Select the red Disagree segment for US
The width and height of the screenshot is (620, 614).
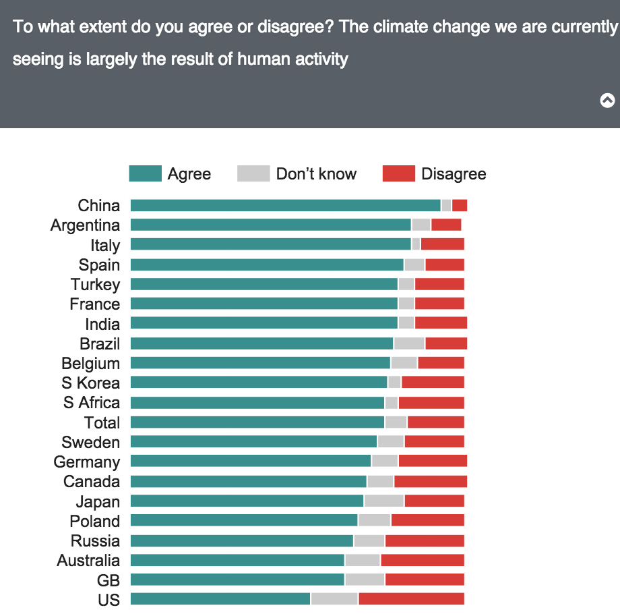(x=411, y=599)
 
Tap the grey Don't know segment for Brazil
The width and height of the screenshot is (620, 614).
(x=409, y=343)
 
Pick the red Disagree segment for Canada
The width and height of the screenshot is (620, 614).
(x=431, y=482)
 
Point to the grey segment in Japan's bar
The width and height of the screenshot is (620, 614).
(x=384, y=501)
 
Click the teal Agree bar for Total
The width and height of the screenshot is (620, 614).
(x=257, y=422)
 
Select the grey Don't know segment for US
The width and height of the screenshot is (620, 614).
(x=334, y=599)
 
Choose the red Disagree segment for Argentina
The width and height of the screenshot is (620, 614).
(x=446, y=225)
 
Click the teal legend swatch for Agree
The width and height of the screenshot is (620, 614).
(x=145, y=174)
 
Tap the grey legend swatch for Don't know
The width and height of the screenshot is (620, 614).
(x=253, y=174)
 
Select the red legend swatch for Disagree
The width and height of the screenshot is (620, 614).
(x=398, y=174)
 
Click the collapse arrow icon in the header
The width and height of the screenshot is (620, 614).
(x=607, y=101)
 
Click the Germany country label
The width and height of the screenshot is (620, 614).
(x=86, y=462)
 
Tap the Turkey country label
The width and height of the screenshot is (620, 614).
(x=95, y=285)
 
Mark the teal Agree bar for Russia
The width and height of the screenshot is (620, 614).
(x=241, y=540)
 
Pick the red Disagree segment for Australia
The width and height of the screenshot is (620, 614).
(x=423, y=560)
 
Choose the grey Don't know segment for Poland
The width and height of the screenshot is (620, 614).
(x=375, y=521)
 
